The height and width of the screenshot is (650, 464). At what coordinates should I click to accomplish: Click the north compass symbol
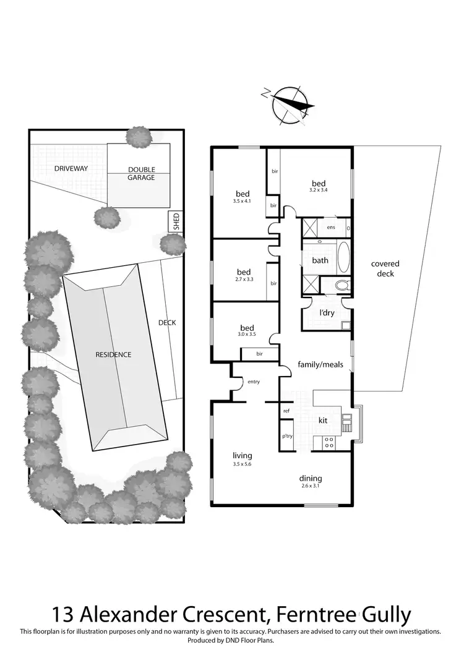[x=290, y=104]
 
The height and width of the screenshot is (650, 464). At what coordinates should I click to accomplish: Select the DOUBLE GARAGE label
[x=141, y=174]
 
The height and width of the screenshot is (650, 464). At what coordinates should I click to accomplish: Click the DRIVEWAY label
[x=71, y=168]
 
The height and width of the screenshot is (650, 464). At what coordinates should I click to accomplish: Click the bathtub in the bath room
[x=343, y=256]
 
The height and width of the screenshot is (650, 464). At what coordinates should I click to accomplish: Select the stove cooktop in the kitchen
[x=329, y=442]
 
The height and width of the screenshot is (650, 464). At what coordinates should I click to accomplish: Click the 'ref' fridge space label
[x=286, y=411]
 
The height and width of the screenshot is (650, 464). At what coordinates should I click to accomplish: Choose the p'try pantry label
[x=287, y=436]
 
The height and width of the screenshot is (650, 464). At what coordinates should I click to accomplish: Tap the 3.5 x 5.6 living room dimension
[x=242, y=464]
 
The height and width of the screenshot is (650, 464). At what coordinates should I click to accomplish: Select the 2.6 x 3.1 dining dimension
[x=311, y=487]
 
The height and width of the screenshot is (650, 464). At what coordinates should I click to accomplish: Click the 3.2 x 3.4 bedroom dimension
[x=319, y=191]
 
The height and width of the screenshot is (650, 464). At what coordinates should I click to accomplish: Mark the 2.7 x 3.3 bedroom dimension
[x=243, y=280]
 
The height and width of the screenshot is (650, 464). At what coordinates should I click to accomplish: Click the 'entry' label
[x=254, y=382]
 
